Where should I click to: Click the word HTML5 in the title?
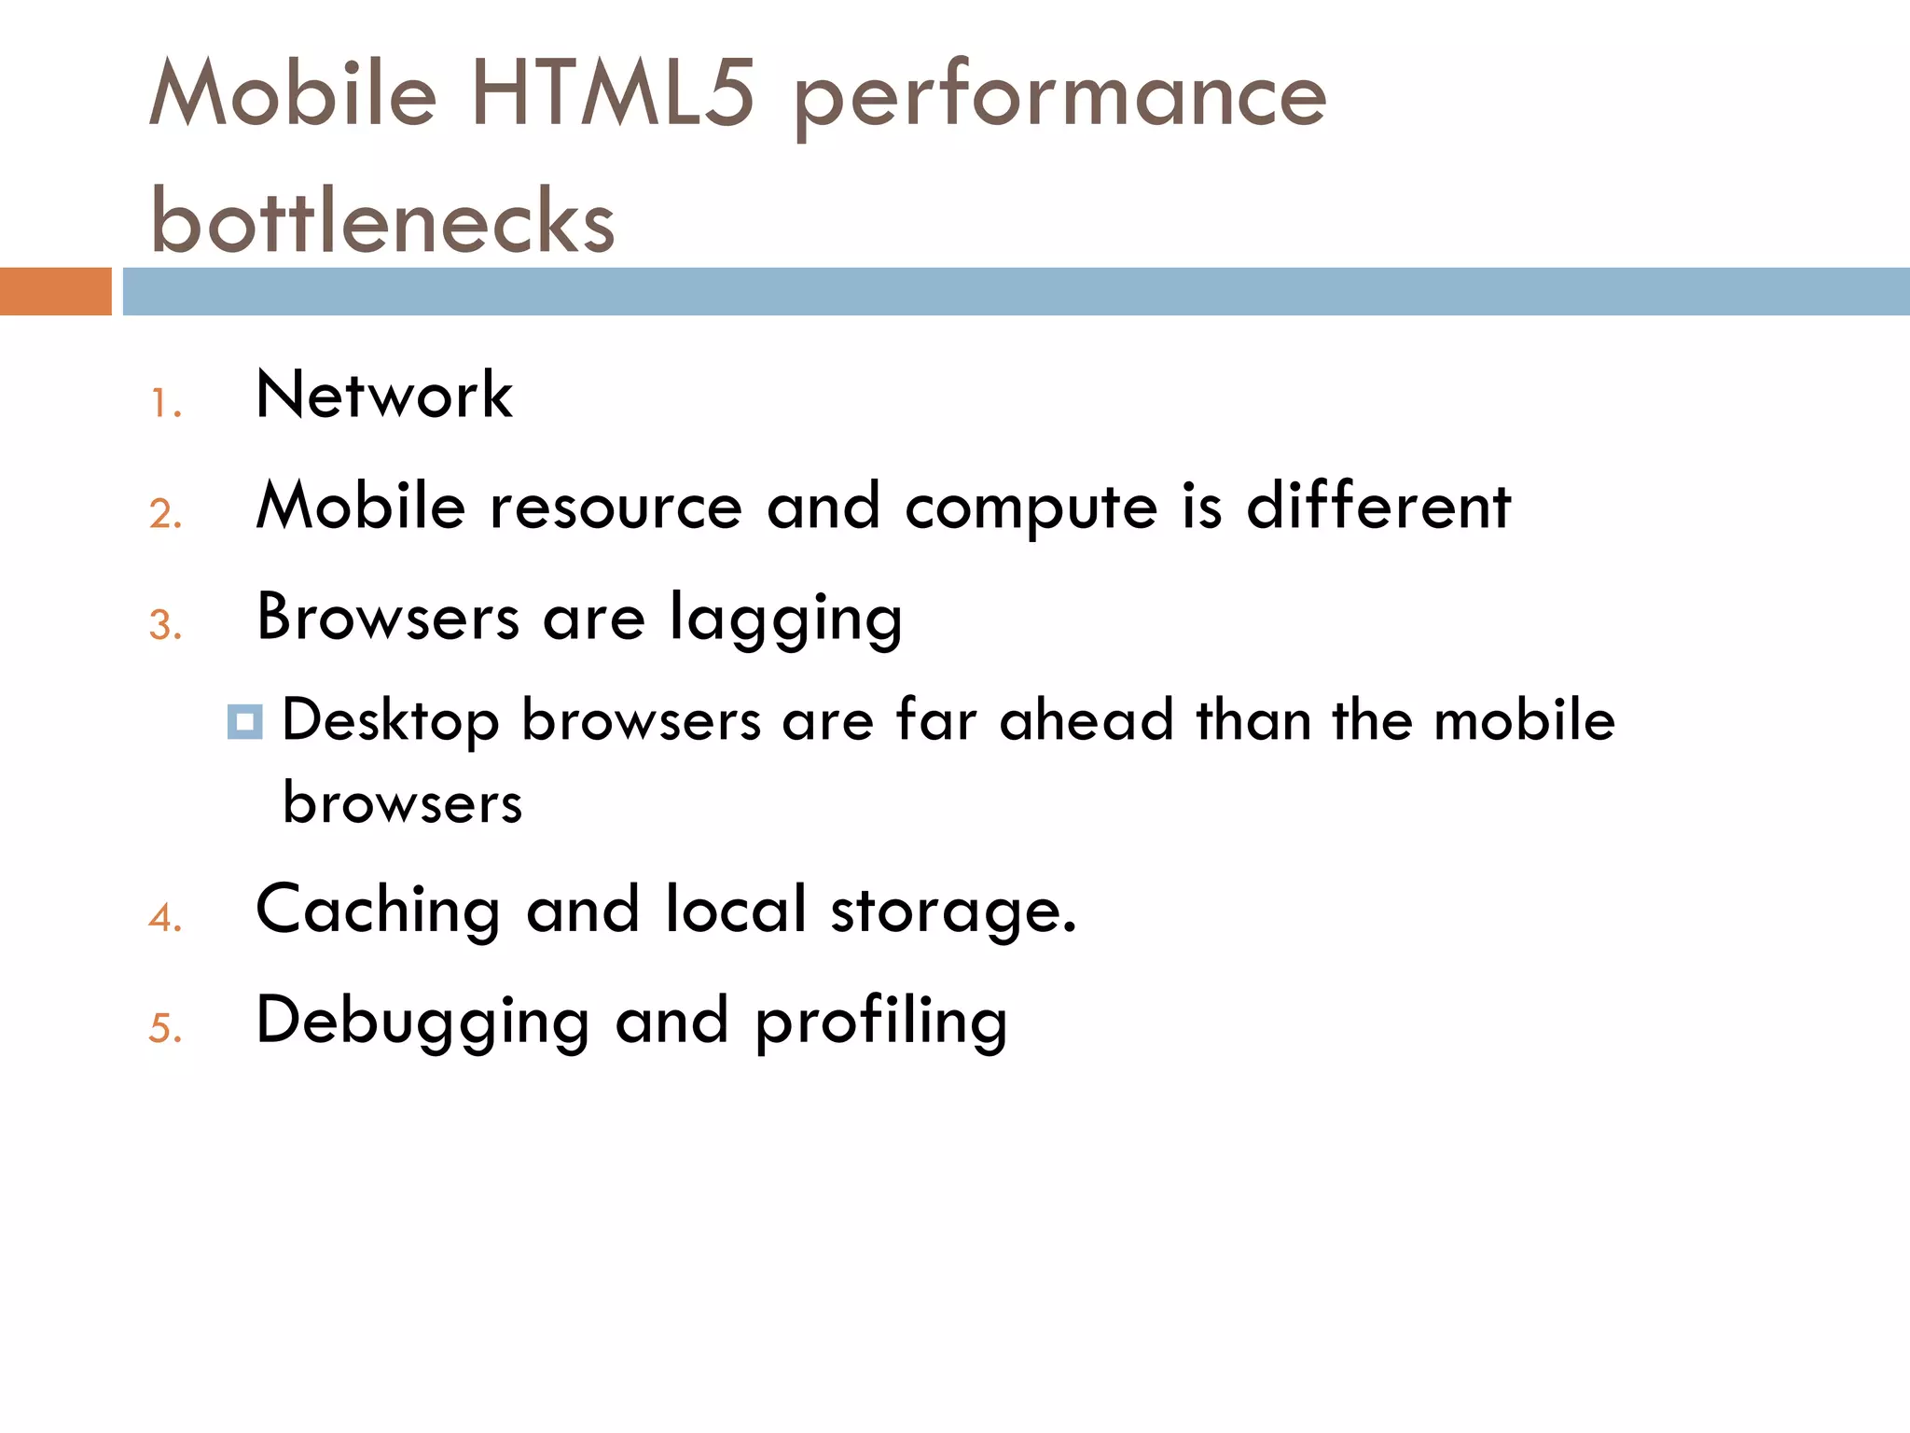pos(612,93)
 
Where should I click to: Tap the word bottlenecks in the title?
pos(382,220)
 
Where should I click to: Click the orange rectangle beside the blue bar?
pos(55,291)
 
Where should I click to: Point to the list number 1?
pos(164,404)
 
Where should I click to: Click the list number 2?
pos(165,514)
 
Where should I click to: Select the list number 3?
pos(165,625)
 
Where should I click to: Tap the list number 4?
pos(165,918)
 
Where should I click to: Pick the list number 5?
pos(165,1028)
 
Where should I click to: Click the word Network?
pos(384,395)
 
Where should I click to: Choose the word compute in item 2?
pos(1031,509)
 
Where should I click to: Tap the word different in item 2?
pos(1378,506)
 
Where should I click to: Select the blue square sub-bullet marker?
pos(244,722)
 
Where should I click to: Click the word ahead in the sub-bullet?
pos(1086,720)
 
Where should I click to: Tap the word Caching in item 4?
pos(378,911)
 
